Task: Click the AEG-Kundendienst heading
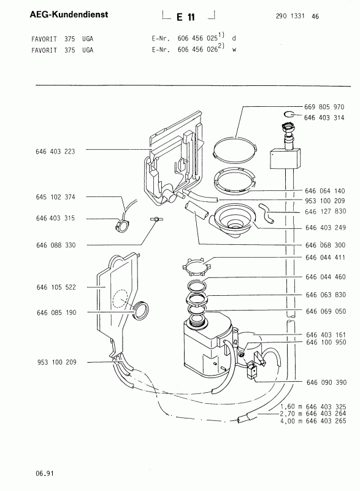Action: [x=69, y=14]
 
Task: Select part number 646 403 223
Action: [x=55, y=152]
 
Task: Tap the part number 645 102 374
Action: [x=55, y=197]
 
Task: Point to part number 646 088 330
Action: [x=56, y=245]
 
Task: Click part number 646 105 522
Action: [x=56, y=287]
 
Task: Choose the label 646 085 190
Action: [x=56, y=312]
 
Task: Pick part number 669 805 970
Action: [x=324, y=107]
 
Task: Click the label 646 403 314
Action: [x=324, y=118]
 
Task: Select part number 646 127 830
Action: [x=325, y=211]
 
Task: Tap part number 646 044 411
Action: [x=325, y=257]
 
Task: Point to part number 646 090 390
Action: [x=326, y=382]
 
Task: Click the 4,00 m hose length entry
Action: [x=313, y=421]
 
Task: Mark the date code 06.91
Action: [x=45, y=473]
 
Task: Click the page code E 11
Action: [x=185, y=17]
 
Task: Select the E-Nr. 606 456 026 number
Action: [x=197, y=49]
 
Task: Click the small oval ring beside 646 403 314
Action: [x=289, y=114]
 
